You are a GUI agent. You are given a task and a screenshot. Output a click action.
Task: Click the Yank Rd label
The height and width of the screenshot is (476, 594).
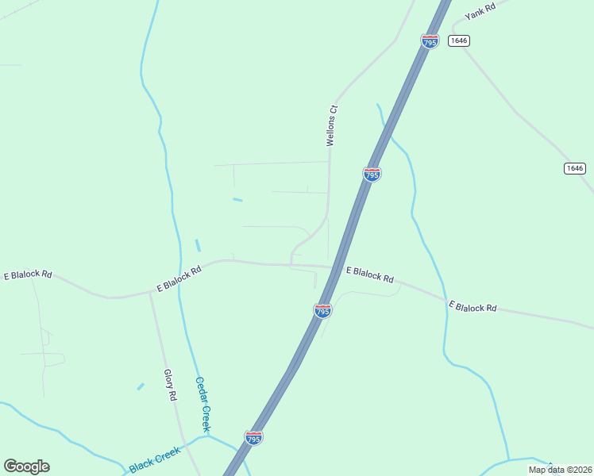[480, 10]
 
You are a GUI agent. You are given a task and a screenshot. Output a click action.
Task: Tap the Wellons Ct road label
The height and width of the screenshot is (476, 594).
[333, 126]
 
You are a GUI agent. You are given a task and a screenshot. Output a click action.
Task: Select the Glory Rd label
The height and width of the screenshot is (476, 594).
[169, 385]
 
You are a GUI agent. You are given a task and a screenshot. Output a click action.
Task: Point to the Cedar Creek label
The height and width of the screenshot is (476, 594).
[202, 404]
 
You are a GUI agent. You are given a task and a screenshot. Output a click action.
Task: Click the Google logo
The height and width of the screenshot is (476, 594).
[26, 466]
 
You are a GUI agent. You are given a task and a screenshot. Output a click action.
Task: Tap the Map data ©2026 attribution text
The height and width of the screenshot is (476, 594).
[558, 470]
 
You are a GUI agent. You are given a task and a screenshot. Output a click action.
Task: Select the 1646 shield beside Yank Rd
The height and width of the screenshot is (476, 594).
[459, 40]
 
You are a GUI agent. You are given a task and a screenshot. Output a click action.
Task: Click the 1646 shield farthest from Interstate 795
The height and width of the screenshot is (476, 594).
[575, 168]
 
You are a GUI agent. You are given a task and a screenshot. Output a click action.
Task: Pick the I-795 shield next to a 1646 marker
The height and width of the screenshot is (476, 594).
[430, 41]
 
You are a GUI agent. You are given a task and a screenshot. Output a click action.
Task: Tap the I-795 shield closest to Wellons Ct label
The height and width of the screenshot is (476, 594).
[372, 174]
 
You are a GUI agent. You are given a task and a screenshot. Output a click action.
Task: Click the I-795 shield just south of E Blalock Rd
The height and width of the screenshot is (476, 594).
[322, 311]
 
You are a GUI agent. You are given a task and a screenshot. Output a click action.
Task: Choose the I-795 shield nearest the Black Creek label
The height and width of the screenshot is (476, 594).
[253, 438]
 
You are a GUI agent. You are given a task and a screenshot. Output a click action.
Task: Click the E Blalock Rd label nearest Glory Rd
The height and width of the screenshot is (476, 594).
[179, 278]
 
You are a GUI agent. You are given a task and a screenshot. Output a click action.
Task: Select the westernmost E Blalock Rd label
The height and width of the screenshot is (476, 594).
[28, 274]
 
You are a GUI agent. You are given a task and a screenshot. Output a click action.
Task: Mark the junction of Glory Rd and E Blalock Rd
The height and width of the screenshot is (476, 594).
[149, 292]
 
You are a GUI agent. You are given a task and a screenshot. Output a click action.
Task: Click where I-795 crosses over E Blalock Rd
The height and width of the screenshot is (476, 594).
[337, 268]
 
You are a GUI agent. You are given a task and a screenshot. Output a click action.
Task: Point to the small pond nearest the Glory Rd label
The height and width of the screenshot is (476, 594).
[141, 386]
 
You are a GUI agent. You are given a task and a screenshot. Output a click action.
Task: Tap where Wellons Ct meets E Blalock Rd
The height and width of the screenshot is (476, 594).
[291, 264]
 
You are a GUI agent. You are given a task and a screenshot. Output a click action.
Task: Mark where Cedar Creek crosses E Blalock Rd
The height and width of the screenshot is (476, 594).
[179, 284]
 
